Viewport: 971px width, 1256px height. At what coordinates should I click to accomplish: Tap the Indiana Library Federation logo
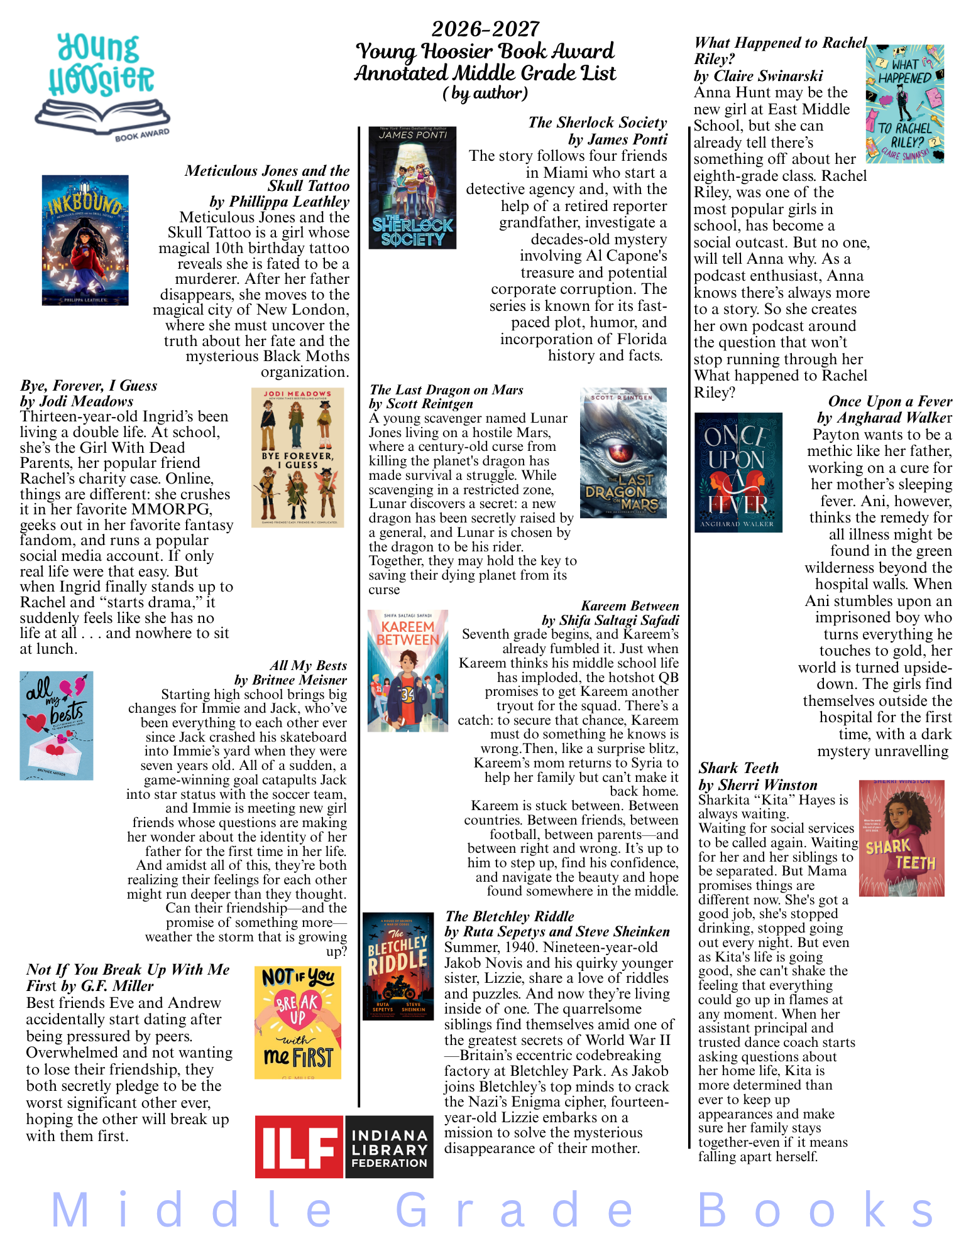pos(344,1146)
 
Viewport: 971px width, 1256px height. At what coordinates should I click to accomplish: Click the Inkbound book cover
pos(85,240)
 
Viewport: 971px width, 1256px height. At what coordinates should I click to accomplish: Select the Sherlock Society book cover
pos(412,188)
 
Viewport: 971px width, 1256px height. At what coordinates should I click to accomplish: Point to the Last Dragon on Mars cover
pos(623,453)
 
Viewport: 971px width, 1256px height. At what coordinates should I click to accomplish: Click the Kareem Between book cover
pos(408,671)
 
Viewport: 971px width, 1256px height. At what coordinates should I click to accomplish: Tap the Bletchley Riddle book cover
pos(398,966)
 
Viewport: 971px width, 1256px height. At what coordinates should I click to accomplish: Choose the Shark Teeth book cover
pos(901,838)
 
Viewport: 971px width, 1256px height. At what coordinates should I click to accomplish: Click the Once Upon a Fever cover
pos(738,472)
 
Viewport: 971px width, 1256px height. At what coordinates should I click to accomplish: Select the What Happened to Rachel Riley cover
pos(904,104)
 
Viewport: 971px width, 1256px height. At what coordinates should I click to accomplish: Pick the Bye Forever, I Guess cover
pos(297,457)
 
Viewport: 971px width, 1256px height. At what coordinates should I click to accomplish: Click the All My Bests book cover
pos(57,725)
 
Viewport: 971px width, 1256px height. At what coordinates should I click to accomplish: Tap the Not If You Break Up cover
pos(298,1022)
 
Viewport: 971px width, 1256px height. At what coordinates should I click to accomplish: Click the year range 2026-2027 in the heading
pos(485,29)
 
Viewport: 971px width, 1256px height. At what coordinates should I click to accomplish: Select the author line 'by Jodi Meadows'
pos(77,401)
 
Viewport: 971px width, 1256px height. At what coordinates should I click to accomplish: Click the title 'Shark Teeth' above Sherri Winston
pos(738,768)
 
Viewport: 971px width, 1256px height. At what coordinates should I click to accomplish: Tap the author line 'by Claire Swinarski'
pos(758,76)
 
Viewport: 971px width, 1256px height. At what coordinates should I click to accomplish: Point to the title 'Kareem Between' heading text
pos(630,605)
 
